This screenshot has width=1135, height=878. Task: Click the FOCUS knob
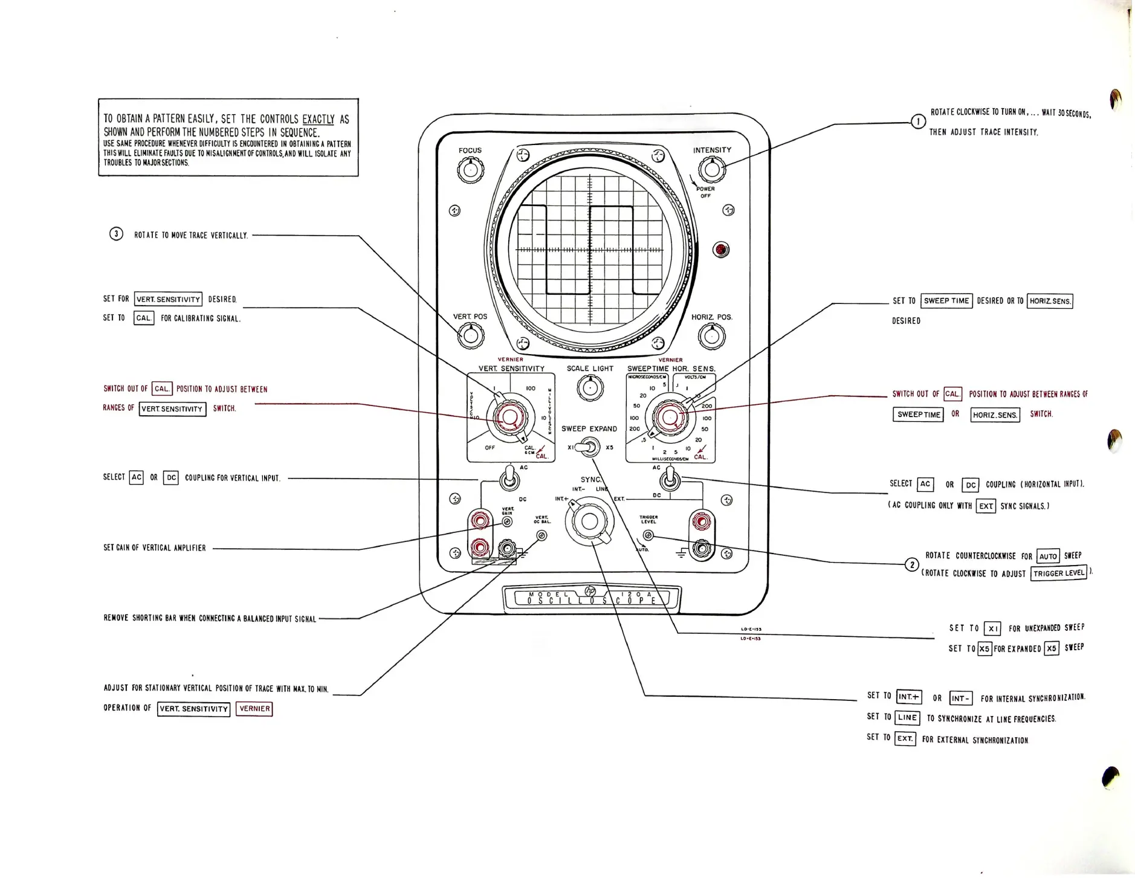click(470, 170)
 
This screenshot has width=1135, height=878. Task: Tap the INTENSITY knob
click(712, 170)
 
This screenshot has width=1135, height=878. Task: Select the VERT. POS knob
click(470, 335)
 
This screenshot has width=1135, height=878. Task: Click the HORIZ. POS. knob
click(711, 336)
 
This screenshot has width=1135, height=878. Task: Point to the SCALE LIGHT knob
click(590, 387)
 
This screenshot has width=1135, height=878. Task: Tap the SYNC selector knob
click(589, 521)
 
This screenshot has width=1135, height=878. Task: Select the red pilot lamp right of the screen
click(720, 250)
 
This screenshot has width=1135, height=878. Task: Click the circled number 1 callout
click(918, 121)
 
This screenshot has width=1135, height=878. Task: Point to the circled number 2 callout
click(911, 565)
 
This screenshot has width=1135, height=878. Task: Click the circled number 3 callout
click(116, 234)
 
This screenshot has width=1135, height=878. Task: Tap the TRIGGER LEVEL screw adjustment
click(648, 535)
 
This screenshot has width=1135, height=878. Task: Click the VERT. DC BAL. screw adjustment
click(542, 535)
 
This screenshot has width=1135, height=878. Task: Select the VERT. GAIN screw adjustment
click(508, 521)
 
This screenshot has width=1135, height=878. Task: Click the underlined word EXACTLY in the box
click(318, 120)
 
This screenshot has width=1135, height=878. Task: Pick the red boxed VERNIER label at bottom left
click(254, 709)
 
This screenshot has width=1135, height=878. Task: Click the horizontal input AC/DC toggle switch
click(670, 481)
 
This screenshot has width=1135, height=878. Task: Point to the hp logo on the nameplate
click(590, 591)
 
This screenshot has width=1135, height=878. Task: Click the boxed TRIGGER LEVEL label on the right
click(1058, 573)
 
